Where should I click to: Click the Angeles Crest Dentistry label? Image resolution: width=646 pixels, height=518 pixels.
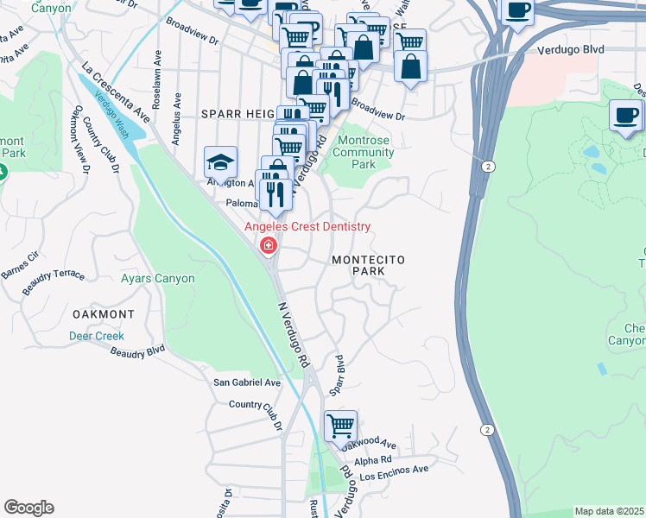click(x=307, y=227)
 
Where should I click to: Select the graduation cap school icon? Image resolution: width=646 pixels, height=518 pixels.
click(x=220, y=161)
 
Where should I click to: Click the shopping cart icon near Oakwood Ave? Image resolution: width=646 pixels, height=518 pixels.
click(x=340, y=425)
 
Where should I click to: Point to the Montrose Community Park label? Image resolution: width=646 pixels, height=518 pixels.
click(x=364, y=152)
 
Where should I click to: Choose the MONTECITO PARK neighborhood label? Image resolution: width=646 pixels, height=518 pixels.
click(x=369, y=265)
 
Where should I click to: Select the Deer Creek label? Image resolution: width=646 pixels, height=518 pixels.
click(x=97, y=336)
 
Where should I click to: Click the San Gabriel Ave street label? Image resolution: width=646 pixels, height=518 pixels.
click(x=248, y=382)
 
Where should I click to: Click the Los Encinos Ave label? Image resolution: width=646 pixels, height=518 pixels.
click(x=395, y=471)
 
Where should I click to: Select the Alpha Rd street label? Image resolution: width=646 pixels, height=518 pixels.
click(x=375, y=459)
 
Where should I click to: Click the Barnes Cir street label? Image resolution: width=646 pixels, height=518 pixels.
click(x=21, y=262)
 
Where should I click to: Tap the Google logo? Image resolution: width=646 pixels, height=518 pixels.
click(x=28, y=508)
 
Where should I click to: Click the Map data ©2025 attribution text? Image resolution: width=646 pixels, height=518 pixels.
click(x=609, y=511)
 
